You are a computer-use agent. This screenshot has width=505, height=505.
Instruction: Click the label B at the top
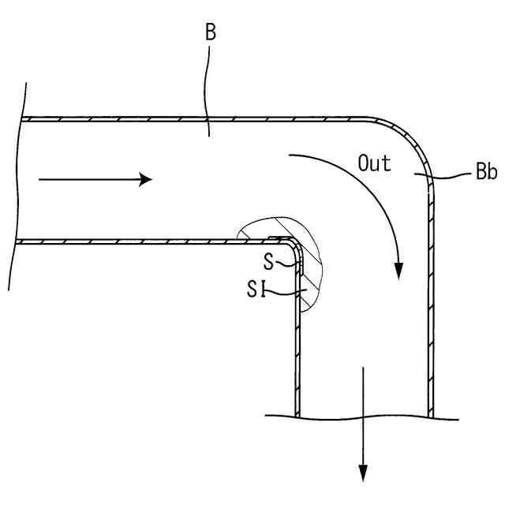(x=211, y=32)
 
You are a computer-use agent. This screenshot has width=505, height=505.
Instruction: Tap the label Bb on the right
(x=485, y=174)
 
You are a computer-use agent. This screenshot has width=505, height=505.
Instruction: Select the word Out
(x=374, y=164)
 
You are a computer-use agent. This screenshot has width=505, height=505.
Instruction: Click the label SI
(x=254, y=293)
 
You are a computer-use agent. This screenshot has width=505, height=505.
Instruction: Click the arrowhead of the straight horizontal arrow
(x=145, y=179)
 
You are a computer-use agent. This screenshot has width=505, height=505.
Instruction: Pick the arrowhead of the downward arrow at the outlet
(x=363, y=473)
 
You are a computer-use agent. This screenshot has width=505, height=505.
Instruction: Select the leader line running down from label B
(x=207, y=87)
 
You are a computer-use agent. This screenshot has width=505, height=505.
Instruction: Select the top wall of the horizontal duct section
(x=197, y=119)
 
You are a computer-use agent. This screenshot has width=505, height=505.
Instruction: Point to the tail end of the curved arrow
(x=290, y=156)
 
